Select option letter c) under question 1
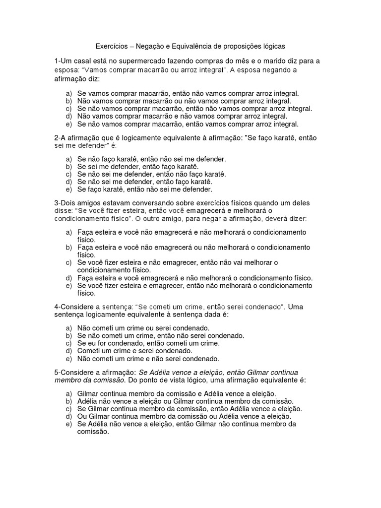click(x=68, y=109)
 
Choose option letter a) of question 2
click(x=68, y=159)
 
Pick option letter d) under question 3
click(x=68, y=278)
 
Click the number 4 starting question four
click(x=57, y=307)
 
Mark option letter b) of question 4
click(x=68, y=336)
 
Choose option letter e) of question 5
click(x=68, y=424)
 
